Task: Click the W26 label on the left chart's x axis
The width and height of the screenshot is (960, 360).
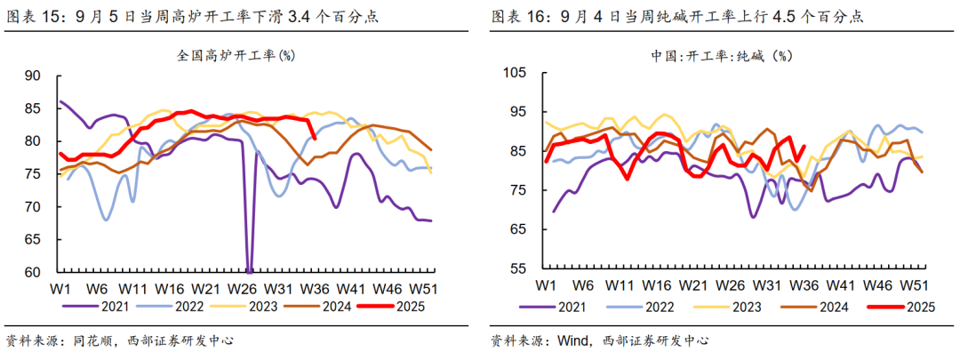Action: (242, 289)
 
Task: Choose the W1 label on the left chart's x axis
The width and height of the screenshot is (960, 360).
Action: (60, 289)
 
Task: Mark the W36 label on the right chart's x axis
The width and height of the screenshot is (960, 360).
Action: (804, 285)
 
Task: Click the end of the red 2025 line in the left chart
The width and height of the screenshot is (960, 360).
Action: (315, 137)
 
